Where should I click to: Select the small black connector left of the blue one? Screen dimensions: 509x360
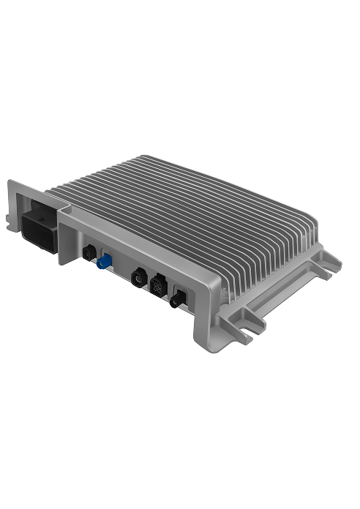click(x=88, y=253)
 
